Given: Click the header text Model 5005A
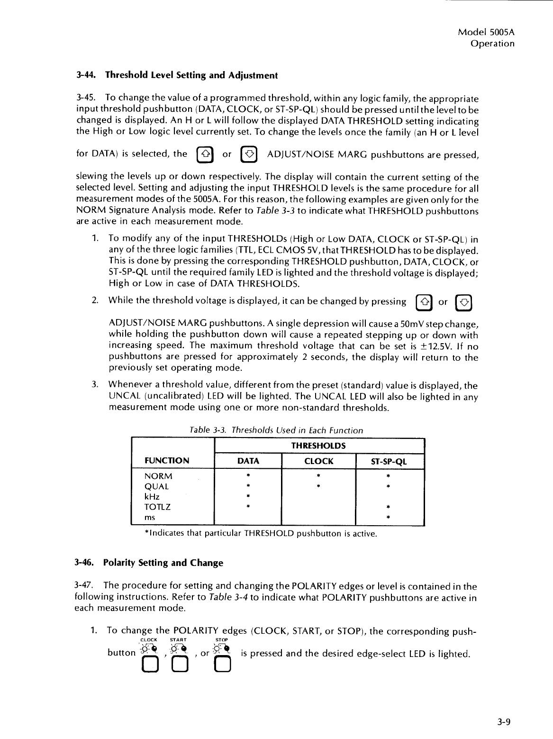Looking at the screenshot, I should click(x=486, y=33).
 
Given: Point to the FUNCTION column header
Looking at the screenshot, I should click(x=166, y=461).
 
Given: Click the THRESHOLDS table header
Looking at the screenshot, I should click(x=318, y=446).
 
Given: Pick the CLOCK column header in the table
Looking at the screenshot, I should click(x=318, y=461).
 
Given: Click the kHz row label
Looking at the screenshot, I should click(x=152, y=496).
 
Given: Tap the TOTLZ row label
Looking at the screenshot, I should click(x=157, y=507).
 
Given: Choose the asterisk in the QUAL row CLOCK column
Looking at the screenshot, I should click(x=319, y=486).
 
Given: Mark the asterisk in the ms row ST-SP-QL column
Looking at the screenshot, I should click(x=388, y=518).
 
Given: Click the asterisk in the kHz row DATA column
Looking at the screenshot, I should click(x=248, y=497).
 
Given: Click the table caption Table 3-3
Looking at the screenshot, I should click(x=276, y=430).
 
